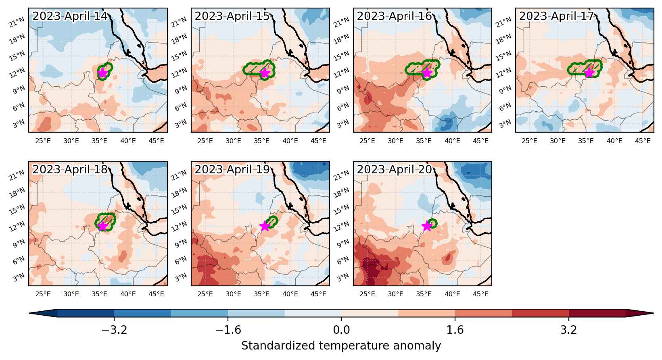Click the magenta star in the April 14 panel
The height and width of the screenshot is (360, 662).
[102, 73]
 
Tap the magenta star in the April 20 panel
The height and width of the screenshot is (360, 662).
[427, 226]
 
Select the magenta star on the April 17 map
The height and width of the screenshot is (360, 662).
[589, 73]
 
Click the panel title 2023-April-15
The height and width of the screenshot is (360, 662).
[232, 16]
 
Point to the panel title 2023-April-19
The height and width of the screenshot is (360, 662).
[232, 169]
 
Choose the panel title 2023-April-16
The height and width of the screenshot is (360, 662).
[395, 16]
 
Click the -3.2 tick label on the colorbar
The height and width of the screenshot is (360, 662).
[114, 330]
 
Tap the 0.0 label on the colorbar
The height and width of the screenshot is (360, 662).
[341, 330]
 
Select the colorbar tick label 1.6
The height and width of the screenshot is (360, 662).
[455, 330]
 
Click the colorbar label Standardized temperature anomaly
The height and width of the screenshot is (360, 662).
[341, 345]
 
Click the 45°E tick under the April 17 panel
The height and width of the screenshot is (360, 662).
[643, 141]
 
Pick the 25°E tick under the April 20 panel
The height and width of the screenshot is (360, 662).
[367, 294]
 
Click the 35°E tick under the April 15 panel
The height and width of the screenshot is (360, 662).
[261, 141]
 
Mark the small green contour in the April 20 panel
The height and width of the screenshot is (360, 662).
[432, 223]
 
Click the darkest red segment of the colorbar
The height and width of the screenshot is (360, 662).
[597, 313]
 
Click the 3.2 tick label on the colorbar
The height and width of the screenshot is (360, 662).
[569, 330]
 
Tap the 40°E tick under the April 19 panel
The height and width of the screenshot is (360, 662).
[290, 294]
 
